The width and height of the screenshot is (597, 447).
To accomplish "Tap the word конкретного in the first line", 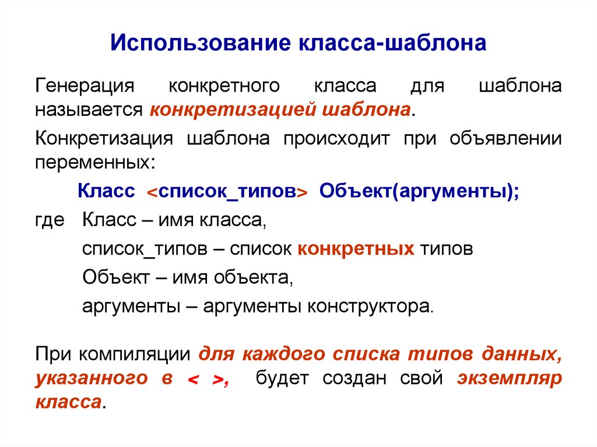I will (x=224, y=86).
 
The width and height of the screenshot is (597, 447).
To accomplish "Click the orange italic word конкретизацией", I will (x=230, y=109).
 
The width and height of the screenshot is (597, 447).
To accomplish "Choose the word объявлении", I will (x=506, y=139).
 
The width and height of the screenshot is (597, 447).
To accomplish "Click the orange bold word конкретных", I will (x=356, y=249).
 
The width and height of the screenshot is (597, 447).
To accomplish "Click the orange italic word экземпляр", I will (x=509, y=378).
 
